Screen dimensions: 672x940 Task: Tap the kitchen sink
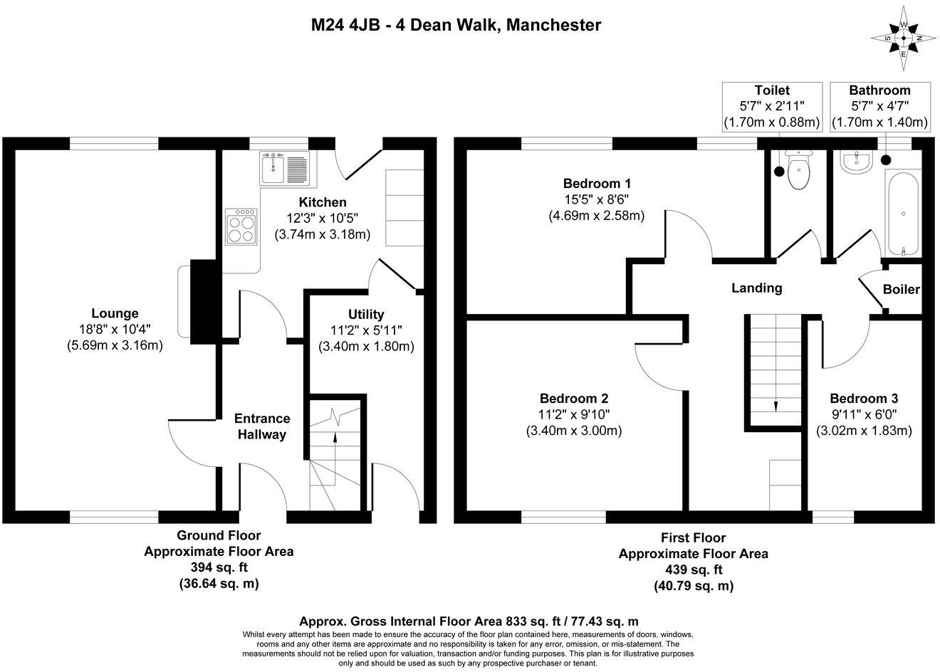[x=285, y=169]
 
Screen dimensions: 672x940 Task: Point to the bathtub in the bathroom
[x=903, y=213]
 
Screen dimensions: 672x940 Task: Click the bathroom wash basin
[x=856, y=163]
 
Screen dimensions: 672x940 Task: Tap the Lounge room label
[x=115, y=313]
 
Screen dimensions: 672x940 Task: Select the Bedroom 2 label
[x=573, y=399]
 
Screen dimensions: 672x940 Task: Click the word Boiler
[x=901, y=290]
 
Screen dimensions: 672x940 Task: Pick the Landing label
[x=757, y=288]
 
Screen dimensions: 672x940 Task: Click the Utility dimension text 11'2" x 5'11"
[x=366, y=330]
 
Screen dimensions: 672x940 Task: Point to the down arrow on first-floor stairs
[x=775, y=405]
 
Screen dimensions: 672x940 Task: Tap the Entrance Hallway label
[x=262, y=426]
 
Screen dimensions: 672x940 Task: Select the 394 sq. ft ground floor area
[x=218, y=567]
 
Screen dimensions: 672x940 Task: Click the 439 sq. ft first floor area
[x=693, y=569]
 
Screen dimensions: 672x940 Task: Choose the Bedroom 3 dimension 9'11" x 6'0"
[x=864, y=414]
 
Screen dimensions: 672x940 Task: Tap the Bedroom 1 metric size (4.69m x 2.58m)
[x=596, y=215]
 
